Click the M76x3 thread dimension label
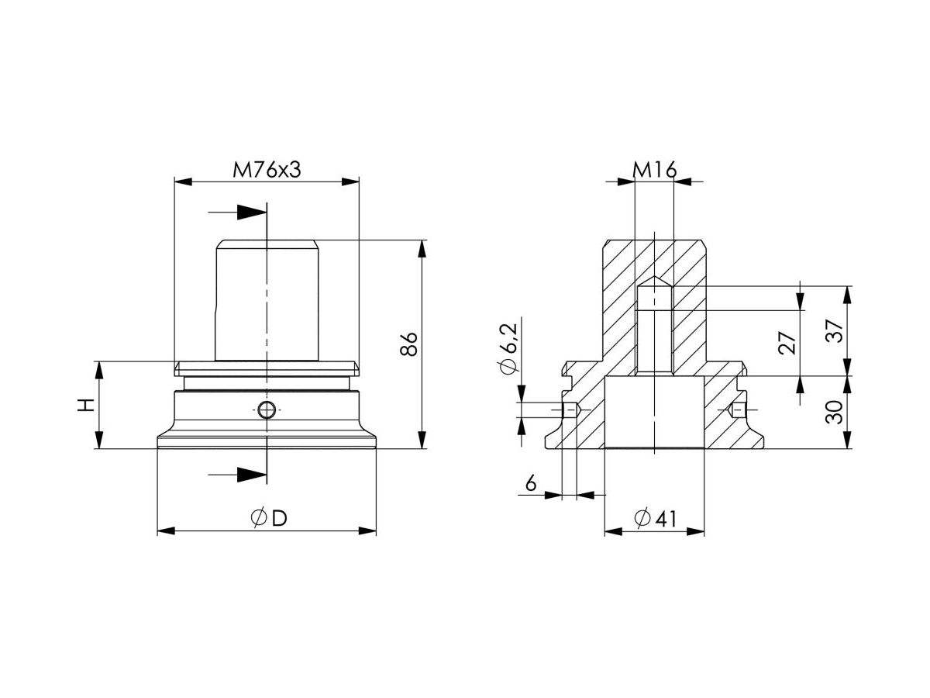coord(267,170)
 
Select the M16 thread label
coord(655,170)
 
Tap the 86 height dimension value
coord(410,344)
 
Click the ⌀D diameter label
coord(268,519)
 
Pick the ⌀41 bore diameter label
coord(655,519)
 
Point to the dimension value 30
coord(834,413)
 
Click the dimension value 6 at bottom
coord(531,484)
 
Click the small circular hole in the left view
coord(267,410)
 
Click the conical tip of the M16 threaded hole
coord(655,282)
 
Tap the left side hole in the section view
coord(570,409)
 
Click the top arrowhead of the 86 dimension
coord(422,247)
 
